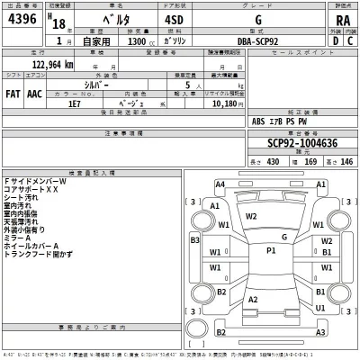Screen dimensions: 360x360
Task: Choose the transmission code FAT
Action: [x=13, y=93]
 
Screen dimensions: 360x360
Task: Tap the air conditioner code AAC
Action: [x=34, y=93]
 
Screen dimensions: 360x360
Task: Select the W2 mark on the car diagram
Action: [x=251, y=216]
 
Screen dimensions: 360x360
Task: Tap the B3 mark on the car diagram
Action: [x=193, y=240]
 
